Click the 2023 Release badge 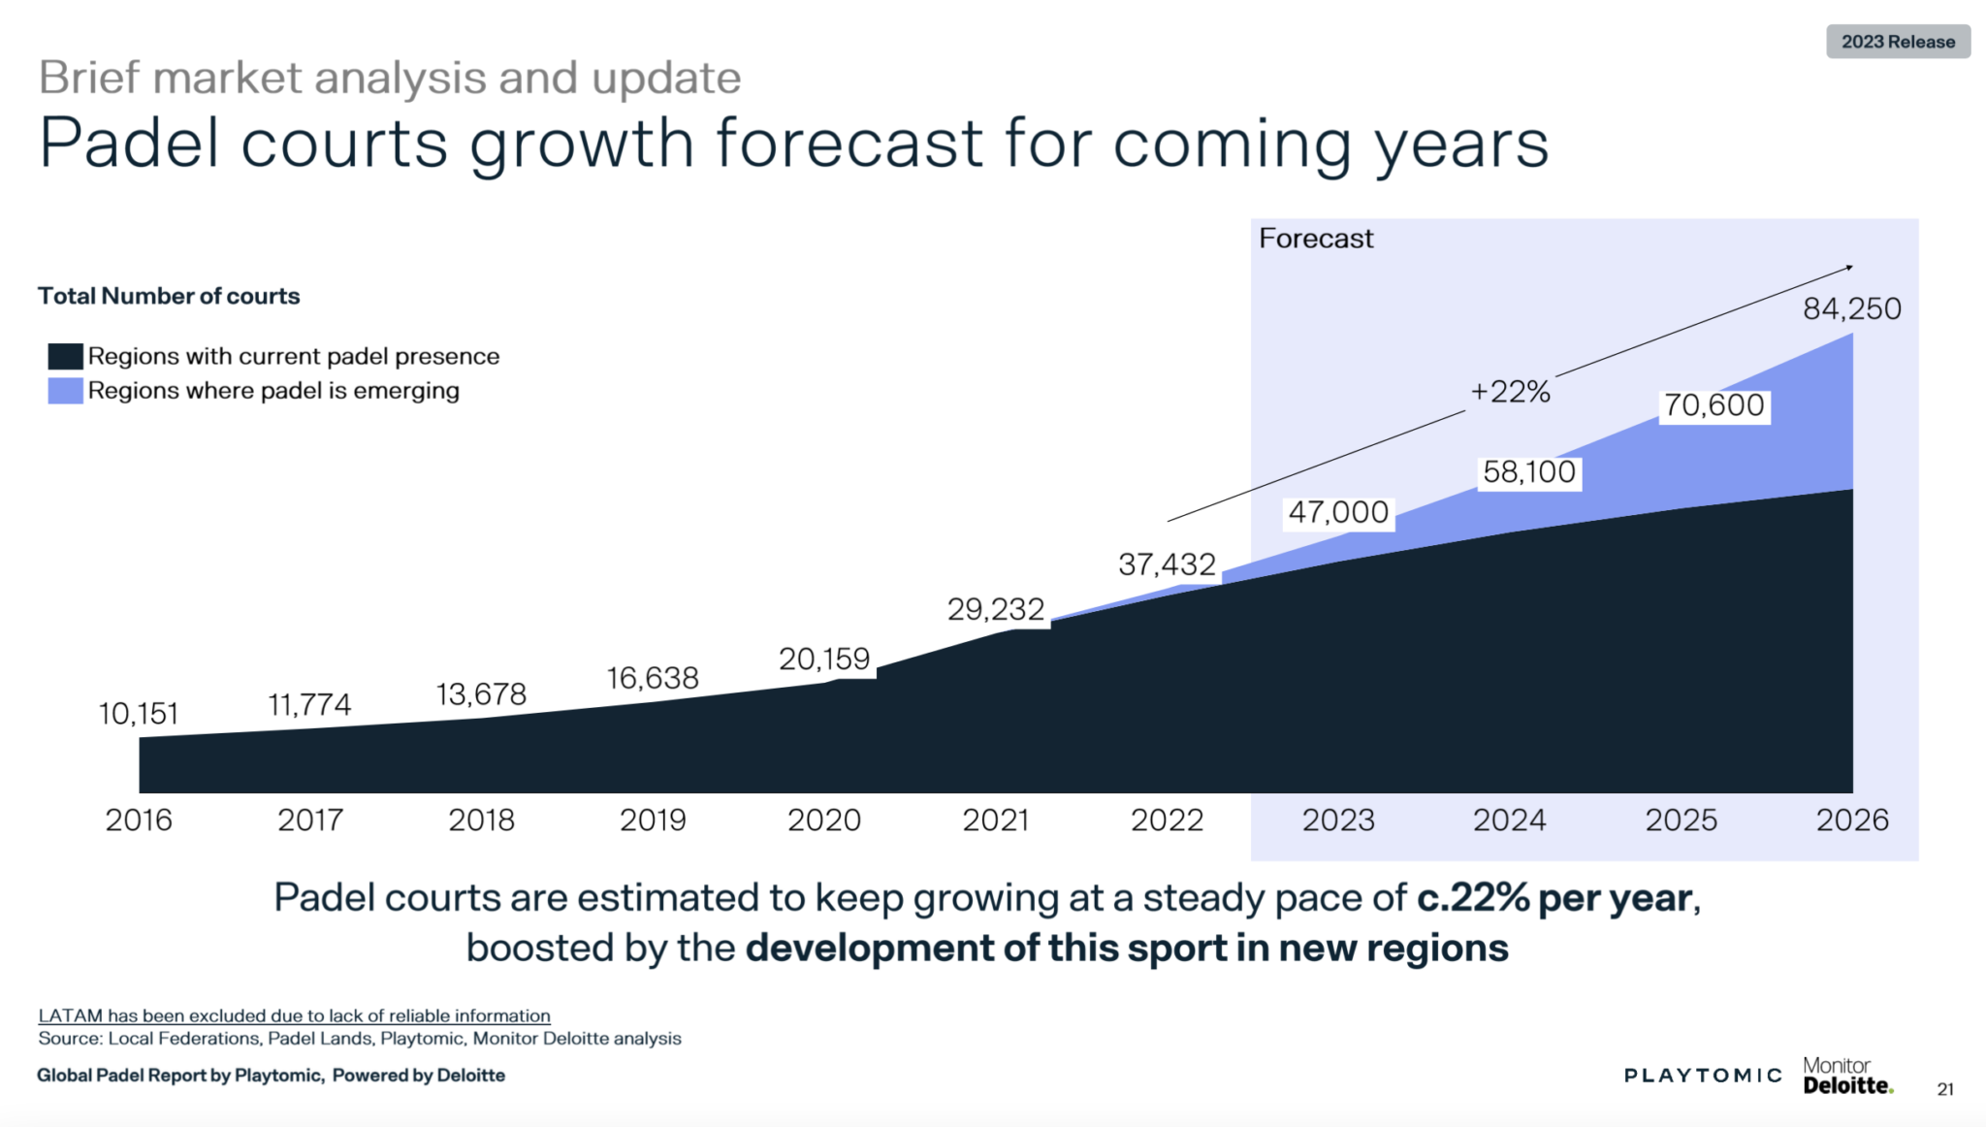[1898, 42]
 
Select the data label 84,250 [1851, 308]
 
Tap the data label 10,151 [139, 714]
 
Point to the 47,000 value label [1338, 512]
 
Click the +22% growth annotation [1510, 392]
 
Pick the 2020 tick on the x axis [823, 821]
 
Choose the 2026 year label [1851, 821]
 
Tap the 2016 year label [139, 821]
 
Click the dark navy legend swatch [65, 356]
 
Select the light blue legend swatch [65, 391]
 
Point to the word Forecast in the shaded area [1316, 239]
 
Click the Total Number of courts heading [169, 296]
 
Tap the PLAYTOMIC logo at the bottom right [1703, 1075]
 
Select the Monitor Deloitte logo [1846, 1076]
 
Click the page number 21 [1945, 1089]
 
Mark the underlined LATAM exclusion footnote [294, 1015]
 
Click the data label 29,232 [995, 609]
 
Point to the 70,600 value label [1714, 405]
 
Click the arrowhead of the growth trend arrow [1849, 267]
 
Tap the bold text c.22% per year [1555, 898]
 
